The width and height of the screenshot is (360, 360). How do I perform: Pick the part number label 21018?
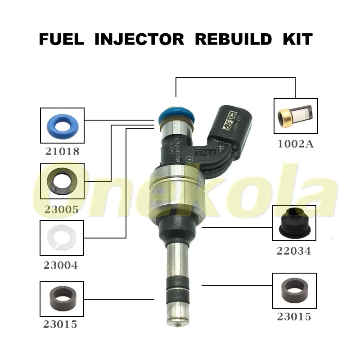coord(62,152)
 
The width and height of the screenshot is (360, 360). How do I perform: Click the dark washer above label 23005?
coord(62,181)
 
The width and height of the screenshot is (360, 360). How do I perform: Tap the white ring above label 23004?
coord(62,237)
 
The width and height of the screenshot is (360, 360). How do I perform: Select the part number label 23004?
coord(61,265)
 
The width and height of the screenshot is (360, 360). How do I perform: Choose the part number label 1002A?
coord(296,144)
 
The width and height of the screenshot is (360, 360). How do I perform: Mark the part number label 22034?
coord(294,251)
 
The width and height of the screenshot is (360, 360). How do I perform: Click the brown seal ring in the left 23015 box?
coord(62,298)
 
